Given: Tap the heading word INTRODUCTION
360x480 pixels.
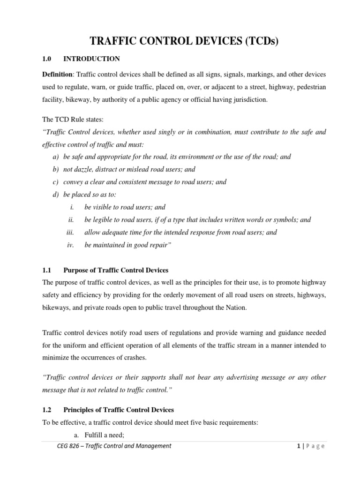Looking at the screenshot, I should pos(91,59).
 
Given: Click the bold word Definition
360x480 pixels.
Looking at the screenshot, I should pos(58,75).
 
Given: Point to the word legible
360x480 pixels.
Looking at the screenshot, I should pos(104,219).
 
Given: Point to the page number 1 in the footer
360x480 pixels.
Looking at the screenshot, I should pos(298,446).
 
